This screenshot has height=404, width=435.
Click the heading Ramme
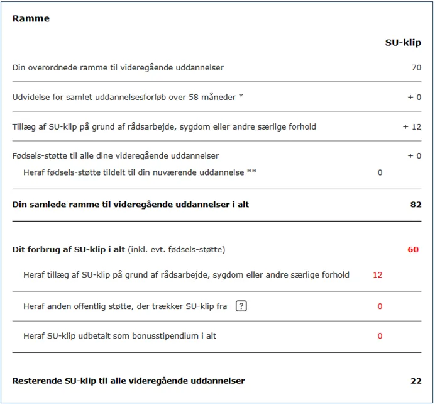[31, 18]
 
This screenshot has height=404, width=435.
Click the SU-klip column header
[403, 43]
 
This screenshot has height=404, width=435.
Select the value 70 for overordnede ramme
[416, 67]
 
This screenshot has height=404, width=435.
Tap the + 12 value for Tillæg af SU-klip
[412, 126]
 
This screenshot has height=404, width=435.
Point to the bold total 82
[416, 205]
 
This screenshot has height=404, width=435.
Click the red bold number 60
[413, 250]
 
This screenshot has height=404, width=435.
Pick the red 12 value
[377, 275]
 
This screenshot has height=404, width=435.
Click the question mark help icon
[241, 306]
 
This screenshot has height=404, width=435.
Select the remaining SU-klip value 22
[416, 381]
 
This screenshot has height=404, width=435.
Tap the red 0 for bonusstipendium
[380, 336]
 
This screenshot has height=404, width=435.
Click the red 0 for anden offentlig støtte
[380, 306]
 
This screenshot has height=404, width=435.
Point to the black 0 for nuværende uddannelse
[380, 172]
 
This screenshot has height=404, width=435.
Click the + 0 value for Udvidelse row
[414, 97]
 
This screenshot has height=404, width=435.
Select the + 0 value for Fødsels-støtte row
[414, 155]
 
